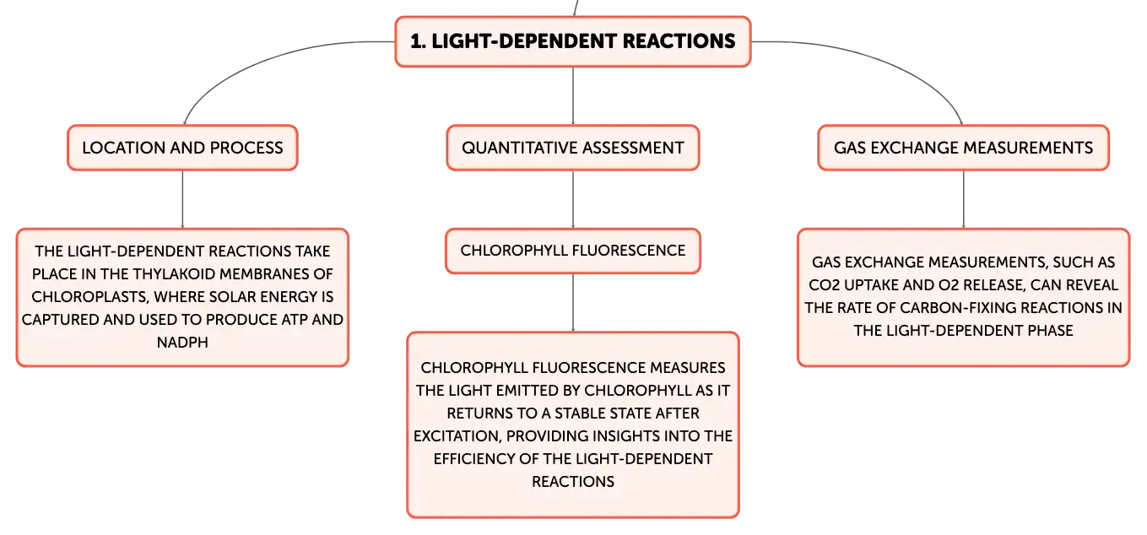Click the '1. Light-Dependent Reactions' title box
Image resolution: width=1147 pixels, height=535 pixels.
(573, 41)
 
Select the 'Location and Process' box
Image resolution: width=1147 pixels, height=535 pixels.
(182, 148)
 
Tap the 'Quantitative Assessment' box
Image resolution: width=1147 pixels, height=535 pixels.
(573, 148)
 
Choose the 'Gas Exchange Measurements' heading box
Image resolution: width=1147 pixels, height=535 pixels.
(963, 148)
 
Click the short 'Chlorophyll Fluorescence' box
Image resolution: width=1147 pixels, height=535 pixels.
(573, 251)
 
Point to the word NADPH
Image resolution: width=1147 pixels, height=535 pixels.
(182, 342)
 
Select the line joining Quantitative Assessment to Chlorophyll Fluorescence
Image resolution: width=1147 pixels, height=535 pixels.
(573, 200)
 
